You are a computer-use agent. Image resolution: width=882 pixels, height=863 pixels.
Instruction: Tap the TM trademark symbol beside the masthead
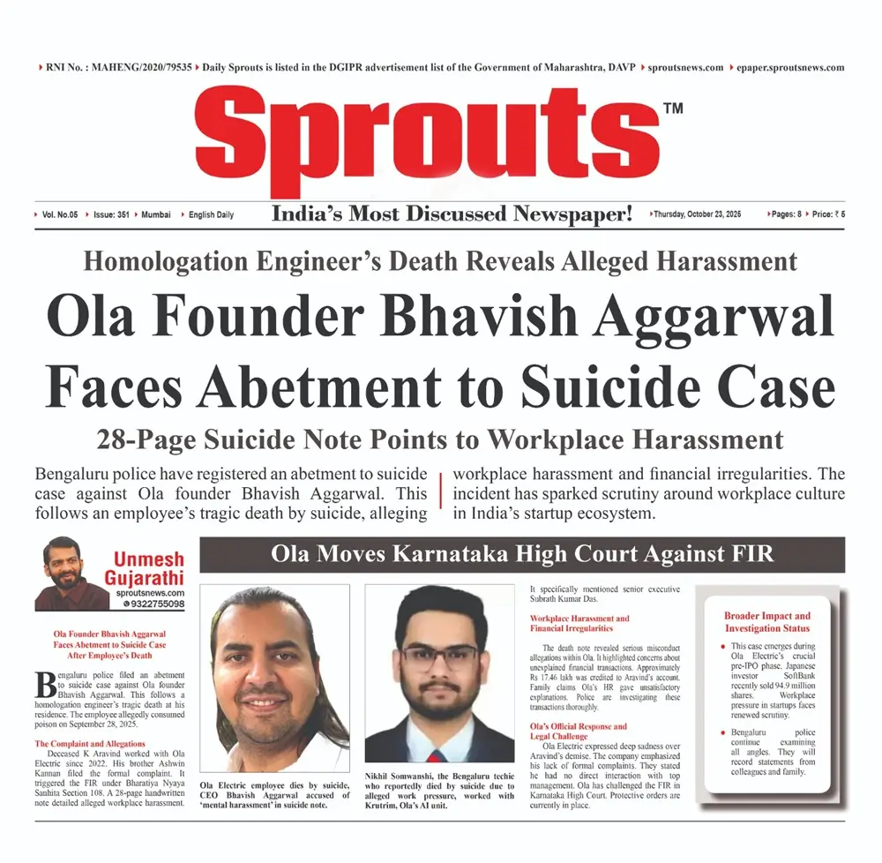(672, 109)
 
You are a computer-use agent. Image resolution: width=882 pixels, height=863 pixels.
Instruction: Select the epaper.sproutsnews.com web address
(790, 67)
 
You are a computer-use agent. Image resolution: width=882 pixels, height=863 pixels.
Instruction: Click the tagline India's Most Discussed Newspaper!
(452, 214)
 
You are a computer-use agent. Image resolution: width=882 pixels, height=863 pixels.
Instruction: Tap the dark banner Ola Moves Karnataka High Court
(521, 555)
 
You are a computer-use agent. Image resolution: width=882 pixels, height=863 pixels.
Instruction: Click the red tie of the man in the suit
(438, 757)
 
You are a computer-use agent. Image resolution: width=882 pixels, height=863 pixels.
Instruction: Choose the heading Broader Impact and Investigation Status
(766, 621)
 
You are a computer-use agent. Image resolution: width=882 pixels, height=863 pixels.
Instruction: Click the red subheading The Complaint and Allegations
(90, 744)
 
